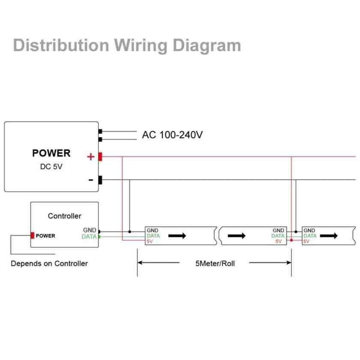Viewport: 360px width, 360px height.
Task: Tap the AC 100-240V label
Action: click(x=172, y=135)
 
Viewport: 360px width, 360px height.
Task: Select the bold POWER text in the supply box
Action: click(x=51, y=153)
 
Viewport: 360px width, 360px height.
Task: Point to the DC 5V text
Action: click(x=51, y=167)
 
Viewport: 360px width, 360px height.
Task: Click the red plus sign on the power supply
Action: click(x=90, y=157)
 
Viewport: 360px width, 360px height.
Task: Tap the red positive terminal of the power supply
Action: click(x=100, y=157)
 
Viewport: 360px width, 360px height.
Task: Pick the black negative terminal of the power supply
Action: click(x=100, y=180)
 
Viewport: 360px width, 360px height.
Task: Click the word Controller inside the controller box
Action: click(x=64, y=216)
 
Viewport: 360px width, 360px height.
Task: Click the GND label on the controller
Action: click(x=90, y=230)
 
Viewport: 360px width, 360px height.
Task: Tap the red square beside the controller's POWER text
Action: click(x=32, y=235)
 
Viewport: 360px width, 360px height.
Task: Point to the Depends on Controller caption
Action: click(x=49, y=264)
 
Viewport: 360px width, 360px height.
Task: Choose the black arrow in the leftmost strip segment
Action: click(x=177, y=236)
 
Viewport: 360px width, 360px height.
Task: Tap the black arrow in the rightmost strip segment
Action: click(x=329, y=236)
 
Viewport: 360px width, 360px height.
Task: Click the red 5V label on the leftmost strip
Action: click(x=150, y=241)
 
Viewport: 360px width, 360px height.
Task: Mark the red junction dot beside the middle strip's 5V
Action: click(x=291, y=241)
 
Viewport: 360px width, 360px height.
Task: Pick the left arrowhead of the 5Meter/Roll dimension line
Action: click(x=140, y=263)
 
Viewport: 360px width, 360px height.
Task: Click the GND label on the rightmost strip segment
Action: click(x=309, y=231)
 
